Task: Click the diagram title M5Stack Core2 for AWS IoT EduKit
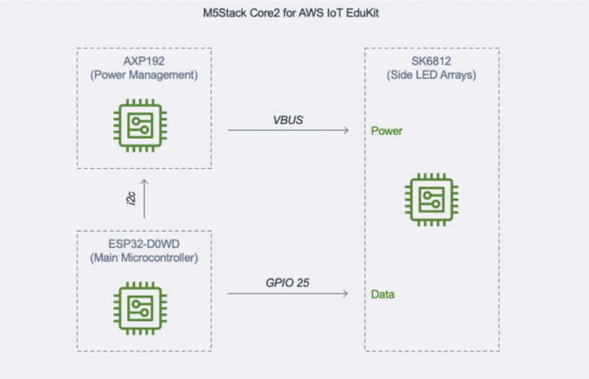(x=294, y=14)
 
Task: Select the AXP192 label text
(x=144, y=60)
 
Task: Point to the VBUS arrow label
(x=288, y=120)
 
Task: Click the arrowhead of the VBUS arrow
(x=346, y=130)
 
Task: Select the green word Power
(x=387, y=131)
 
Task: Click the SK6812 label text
(x=431, y=60)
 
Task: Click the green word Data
(x=383, y=295)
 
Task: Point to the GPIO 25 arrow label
(x=288, y=283)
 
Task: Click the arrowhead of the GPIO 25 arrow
(x=346, y=294)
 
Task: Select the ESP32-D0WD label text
(x=144, y=243)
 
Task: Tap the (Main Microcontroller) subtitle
(x=144, y=258)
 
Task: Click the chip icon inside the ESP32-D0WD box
(x=144, y=305)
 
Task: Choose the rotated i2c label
(x=131, y=199)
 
